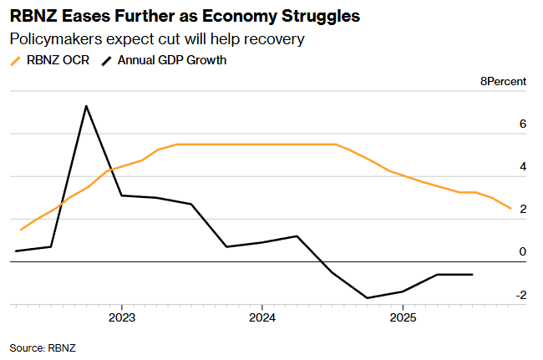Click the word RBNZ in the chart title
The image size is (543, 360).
[30, 16]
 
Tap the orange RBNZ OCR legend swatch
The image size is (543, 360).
[16, 60]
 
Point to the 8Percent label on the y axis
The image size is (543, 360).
[503, 82]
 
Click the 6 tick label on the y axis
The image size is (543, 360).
[522, 124]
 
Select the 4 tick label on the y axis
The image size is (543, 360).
[522, 167]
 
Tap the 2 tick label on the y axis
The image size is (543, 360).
[522, 210]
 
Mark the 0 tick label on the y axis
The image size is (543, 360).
[522, 252]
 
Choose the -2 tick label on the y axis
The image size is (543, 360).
[520, 295]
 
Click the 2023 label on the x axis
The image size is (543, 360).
[122, 318]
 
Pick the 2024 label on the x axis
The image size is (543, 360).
[262, 318]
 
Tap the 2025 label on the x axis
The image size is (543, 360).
[403, 318]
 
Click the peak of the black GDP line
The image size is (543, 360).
[86, 106]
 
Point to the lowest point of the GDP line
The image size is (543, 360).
[368, 297]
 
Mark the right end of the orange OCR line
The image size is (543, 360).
[510, 208]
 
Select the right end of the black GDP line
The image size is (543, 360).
[473, 274]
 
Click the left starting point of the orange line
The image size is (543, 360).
[21, 229]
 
